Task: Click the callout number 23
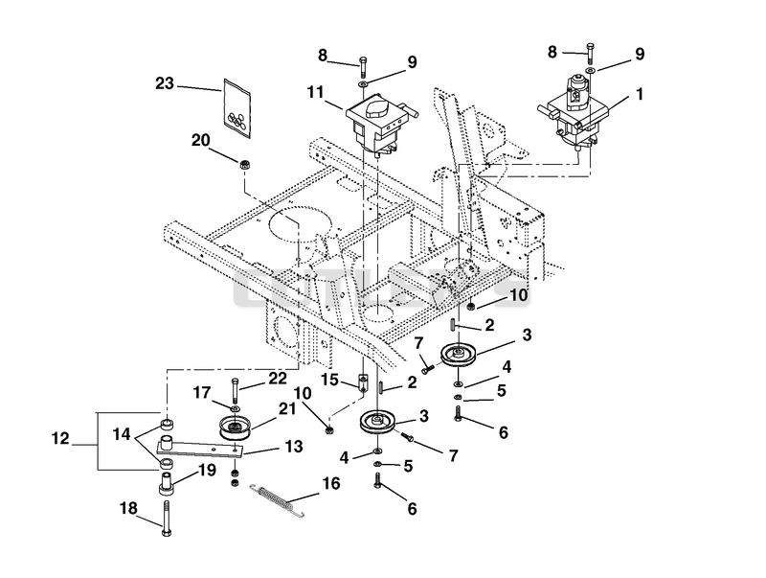point(165,83)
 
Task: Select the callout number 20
point(200,140)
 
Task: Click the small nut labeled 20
point(245,164)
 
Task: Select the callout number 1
point(640,94)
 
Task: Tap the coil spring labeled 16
point(278,500)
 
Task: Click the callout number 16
point(330,484)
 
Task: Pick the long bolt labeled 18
point(167,519)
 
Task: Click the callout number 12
point(60,439)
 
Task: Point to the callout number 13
point(295,447)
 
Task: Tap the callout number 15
point(330,380)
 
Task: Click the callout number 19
point(207,471)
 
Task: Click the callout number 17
point(202,393)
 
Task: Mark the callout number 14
point(122,433)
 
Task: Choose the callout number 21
point(287,408)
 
